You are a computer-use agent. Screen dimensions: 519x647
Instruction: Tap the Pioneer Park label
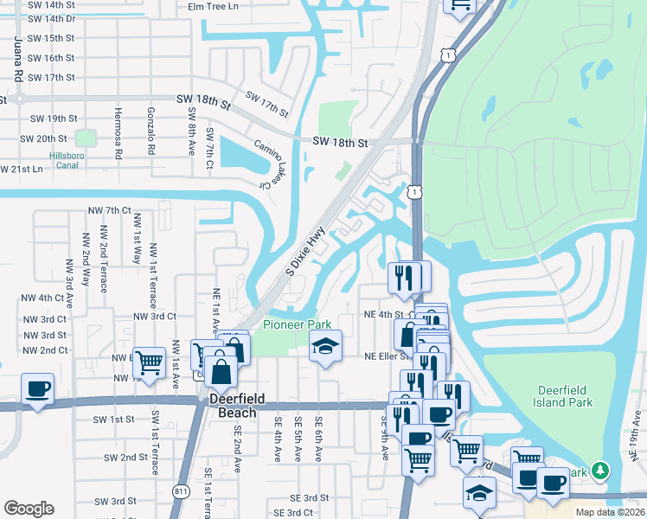pyautogui.click(x=297, y=324)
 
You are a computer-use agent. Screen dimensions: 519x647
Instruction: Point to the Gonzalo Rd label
pyautogui.click(x=151, y=132)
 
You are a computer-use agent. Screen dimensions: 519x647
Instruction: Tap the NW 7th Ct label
pyautogui.click(x=108, y=210)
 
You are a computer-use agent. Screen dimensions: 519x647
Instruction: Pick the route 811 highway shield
pyautogui.click(x=181, y=491)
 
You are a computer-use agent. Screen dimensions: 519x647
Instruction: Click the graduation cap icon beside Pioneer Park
pyautogui.click(x=325, y=346)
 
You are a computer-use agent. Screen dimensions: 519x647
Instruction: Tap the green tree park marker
pyautogui.click(x=599, y=472)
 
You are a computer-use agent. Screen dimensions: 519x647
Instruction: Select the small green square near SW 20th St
pyautogui.click(x=85, y=138)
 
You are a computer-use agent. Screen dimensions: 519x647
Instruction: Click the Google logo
pyautogui.click(x=29, y=509)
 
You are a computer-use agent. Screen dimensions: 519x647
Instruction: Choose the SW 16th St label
pyautogui.click(x=51, y=58)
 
